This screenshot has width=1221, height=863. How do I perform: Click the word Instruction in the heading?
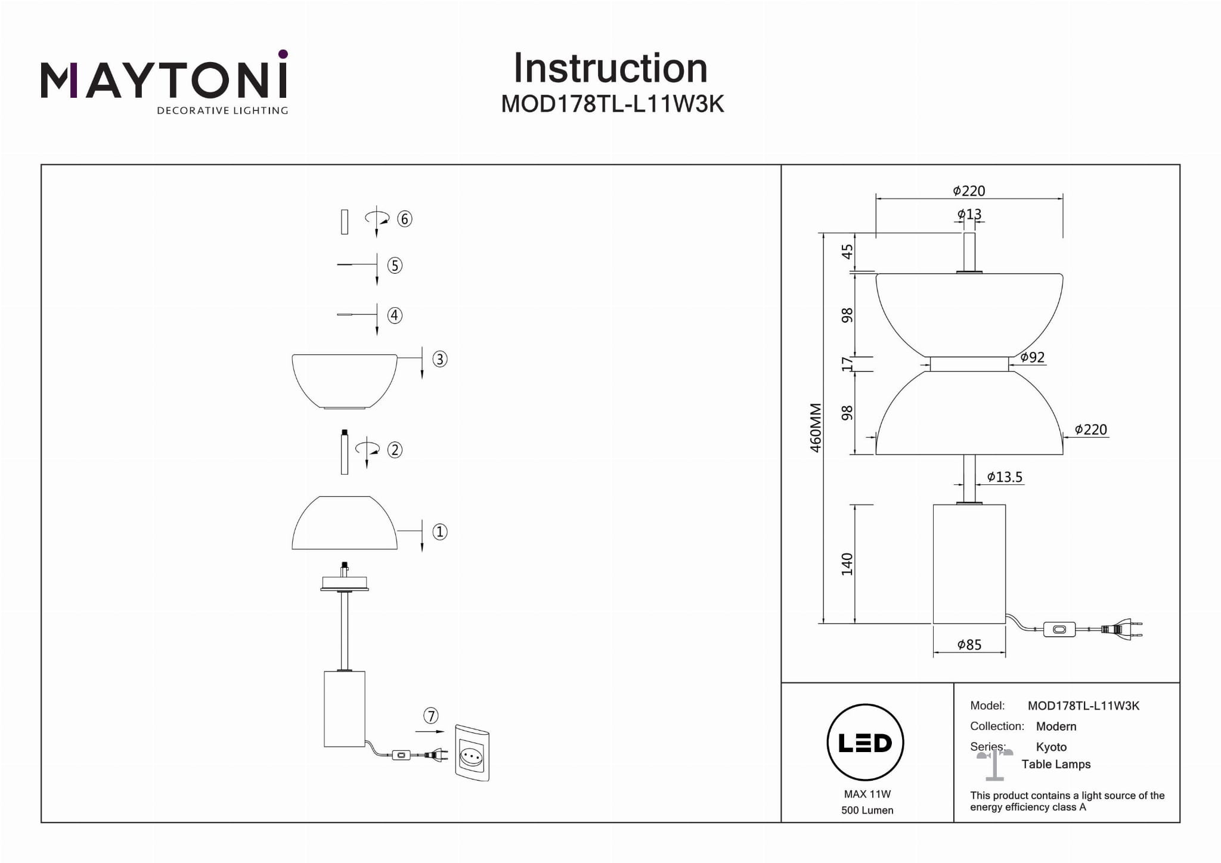[x=610, y=68]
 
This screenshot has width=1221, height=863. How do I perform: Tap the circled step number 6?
[x=405, y=219]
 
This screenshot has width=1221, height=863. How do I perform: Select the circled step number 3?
[x=440, y=359]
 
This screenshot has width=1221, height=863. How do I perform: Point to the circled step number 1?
[x=440, y=531]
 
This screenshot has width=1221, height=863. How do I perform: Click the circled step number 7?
[x=430, y=715]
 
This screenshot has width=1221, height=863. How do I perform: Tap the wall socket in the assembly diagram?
[x=472, y=753]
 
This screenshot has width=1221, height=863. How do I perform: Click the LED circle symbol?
[x=865, y=743]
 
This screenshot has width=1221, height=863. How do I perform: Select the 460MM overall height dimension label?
[x=816, y=428]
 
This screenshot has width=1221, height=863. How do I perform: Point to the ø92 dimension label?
[x=1032, y=357]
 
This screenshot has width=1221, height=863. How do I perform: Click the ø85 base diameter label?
[x=969, y=645]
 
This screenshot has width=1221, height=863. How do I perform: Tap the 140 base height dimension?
[x=847, y=564]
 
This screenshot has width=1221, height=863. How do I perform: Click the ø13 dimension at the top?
[x=969, y=214]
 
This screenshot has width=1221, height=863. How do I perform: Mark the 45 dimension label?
[x=847, y=252]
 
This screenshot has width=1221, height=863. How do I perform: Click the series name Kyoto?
[x=1051, y=747]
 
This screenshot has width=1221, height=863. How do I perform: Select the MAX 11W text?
[x=867, y=794]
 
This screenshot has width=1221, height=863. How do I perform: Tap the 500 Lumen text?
[x=867, y=810]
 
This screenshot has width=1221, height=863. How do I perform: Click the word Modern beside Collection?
[x=1056, y=726]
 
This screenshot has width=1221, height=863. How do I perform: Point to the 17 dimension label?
[x=847, y=363]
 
